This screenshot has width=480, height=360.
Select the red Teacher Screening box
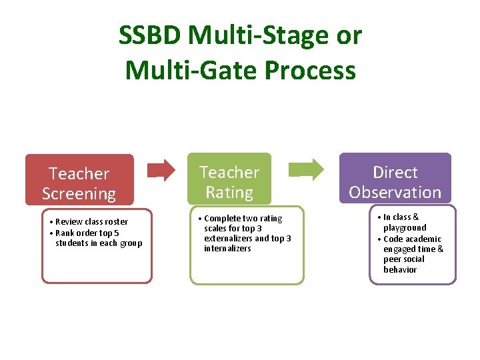coord(79,180)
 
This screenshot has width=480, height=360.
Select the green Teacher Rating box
coord(229,179)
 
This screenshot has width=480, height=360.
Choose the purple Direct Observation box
coord(395,179)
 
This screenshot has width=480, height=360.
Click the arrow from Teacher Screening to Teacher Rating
coord(162,170)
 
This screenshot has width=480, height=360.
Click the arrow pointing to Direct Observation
coord(311,169)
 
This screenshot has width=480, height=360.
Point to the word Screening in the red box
coord(79,194)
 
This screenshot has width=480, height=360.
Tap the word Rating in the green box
coord(229,193)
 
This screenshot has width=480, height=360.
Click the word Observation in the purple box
coord(395,193)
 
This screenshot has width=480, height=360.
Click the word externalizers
coord(228,239)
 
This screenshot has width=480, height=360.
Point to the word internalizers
coord(227,249)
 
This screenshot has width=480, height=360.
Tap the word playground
coord(405,227)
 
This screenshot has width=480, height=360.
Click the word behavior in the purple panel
coord(400,270)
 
